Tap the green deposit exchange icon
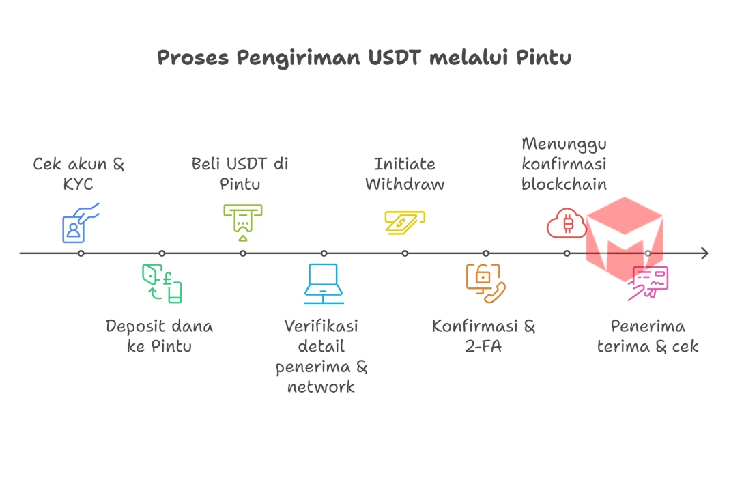coord(162,283)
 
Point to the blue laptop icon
coord(324,283)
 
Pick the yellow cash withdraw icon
coord(404,223)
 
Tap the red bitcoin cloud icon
coord(567,223)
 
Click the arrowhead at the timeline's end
coord(704,253)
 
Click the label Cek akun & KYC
coord(79,174)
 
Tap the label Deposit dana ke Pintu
coord(160,336)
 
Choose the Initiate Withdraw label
coord(405,174)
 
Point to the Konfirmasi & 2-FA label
coord(484,336)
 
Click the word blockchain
coord(564,184)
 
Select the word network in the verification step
coord(321,387)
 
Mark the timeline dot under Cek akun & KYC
coord(81,253)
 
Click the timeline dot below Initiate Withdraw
coord(405,253)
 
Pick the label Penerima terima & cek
coord(648,336)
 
